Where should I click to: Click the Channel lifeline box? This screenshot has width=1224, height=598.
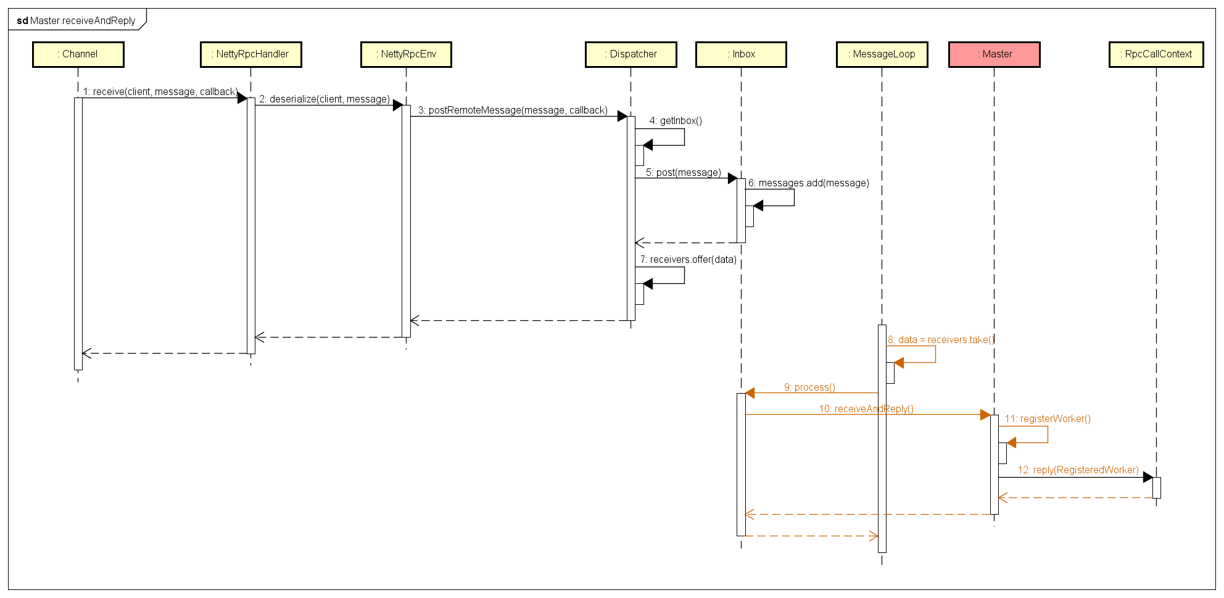point(78,54)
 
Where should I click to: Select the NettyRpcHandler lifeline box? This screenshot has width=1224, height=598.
point(251,54)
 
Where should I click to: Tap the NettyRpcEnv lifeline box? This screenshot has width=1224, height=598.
point(406,54)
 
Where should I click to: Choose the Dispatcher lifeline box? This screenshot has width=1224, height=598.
point(631,54)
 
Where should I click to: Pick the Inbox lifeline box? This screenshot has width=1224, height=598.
point(741,54)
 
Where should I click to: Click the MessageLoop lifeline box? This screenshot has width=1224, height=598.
point(882,54)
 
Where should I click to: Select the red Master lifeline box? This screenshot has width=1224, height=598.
point(994,54)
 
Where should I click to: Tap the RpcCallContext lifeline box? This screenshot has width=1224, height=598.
point(1156,54)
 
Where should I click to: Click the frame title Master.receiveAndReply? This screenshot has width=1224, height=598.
point(76,20)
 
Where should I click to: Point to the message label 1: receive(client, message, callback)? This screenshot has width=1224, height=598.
point(160,91)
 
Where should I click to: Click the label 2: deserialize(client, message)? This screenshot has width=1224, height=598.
point(325,99)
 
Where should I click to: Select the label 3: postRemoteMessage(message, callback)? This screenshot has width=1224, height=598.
point(513,110)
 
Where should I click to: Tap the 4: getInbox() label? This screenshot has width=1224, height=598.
point(676,120)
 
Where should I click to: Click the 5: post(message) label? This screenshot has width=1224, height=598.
point(683,172)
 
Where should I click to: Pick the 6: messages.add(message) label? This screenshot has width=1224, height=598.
point(808,183)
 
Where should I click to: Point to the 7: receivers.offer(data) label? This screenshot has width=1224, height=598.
point(688,259)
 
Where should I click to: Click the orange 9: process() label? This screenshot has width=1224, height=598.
point(809,387)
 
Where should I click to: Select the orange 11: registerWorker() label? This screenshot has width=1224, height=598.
point(1048,418)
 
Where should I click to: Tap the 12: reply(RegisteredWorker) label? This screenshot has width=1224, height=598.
point(1078,470)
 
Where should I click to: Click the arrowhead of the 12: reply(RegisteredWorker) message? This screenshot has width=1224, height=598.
point(1148,477)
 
